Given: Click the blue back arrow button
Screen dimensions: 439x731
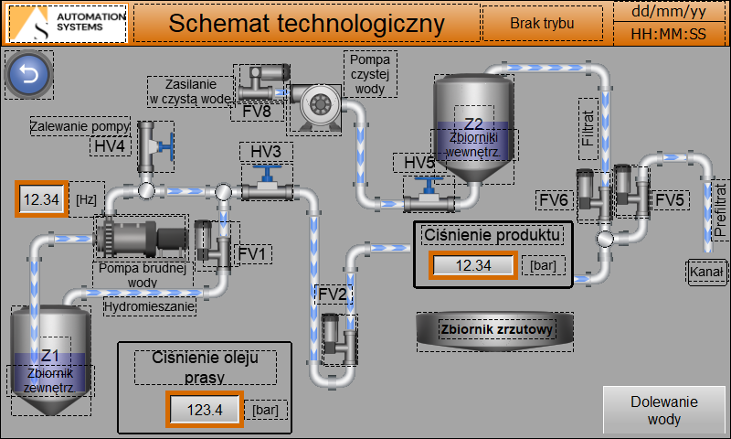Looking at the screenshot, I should click(x=29, y=75).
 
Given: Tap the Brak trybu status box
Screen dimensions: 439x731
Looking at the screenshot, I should click(x=542, y=23).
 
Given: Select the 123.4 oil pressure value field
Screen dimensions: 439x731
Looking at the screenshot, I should click(x=205, y=410).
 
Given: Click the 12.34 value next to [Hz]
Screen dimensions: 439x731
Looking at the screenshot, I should click(x=41, y=198).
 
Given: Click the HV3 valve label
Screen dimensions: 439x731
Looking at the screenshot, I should click(x=266, y=151).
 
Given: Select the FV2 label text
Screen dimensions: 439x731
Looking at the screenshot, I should click(x=333, y=294).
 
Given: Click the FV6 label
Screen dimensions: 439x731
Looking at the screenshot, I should click(x=554, y=199).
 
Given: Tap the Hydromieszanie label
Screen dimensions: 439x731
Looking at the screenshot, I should click(x=150, y=307).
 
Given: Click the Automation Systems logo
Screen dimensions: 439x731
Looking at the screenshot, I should click(x=67, y=23).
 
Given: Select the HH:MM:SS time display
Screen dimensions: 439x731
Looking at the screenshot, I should click(x=670, y=35).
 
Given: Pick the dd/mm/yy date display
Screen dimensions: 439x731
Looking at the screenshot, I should click(x=670, y=12).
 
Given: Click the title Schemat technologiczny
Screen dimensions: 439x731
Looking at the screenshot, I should click(x=305, y=24).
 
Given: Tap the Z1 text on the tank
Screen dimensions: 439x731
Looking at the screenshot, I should click(x=50, y=355).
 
